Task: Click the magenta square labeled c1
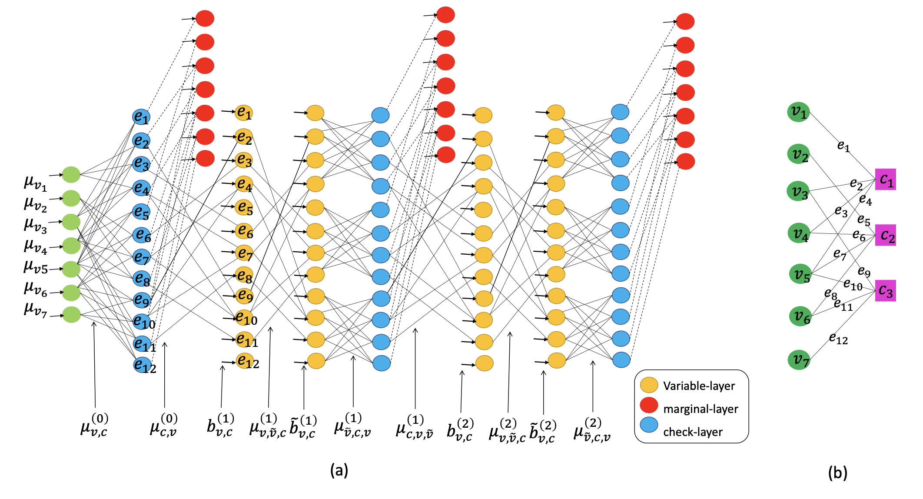(x=885, y=179)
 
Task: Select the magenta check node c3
(x=885, y=290)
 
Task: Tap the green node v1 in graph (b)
(x=798, y=112)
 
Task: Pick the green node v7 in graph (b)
(x=799, y=360)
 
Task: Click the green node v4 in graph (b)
(x=799, y=233)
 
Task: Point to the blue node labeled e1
(x=141, y=117)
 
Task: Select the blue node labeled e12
(x=143, y=365)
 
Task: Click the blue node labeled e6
(x=142, y=235)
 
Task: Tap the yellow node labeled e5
(x=244, y=208)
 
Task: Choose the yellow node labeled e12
(x=246, y=361)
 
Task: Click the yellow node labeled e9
(x=245, y=296)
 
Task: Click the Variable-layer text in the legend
(x=699, y=386)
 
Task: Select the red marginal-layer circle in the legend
(x=649, y=405)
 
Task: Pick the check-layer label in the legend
(x=693, y=432)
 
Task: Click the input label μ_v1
(x=35, y=183)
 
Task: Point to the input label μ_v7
(x=35, y=309)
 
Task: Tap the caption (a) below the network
(x=339, y=470)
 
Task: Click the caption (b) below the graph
(x=837, y=472)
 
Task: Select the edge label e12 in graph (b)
(x=838, y=338)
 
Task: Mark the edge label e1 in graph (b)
(x=843, y=146)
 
